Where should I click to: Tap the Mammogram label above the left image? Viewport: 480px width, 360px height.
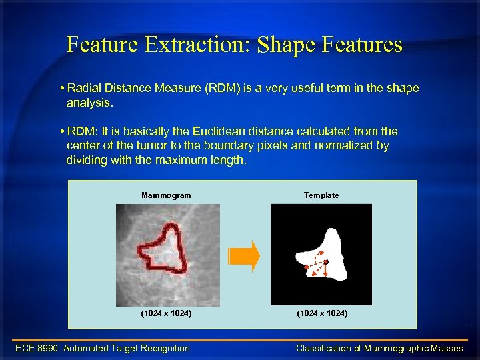[166, 195]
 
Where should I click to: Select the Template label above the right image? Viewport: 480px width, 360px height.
[321, 195]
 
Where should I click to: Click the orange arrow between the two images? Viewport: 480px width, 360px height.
[243, 256]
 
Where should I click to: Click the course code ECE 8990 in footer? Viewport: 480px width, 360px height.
[39, 348]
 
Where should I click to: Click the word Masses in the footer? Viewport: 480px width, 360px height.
[449, 348]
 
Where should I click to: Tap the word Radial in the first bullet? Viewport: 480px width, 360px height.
[83, 89]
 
